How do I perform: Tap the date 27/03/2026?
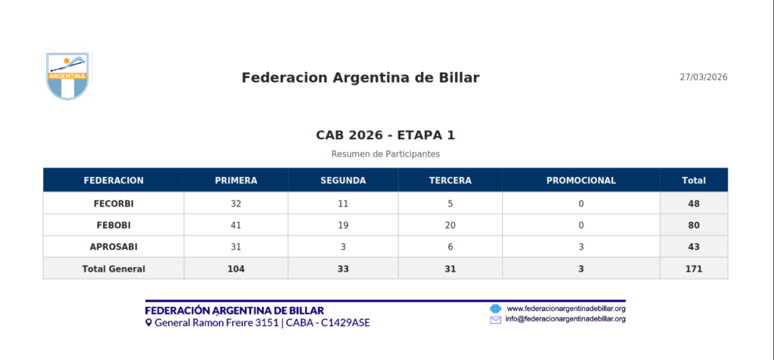704,78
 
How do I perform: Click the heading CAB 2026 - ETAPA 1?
385,135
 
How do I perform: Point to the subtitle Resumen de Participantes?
385,154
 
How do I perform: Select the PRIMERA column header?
236,181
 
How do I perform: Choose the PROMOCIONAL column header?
581,181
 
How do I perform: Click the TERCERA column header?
450,181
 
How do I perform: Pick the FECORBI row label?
113,203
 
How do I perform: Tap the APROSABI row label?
113,247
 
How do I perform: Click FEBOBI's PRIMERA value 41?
236,225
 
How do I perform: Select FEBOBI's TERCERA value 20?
450,225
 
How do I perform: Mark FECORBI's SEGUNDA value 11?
343,203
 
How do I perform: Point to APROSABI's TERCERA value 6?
450,247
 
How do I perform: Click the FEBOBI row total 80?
694,225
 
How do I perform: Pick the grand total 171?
694,269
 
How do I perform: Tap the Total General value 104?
236,269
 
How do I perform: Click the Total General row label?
113,269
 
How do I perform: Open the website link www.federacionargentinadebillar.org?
567,309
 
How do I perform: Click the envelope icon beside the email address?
495,319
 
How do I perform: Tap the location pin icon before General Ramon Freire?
148,323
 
